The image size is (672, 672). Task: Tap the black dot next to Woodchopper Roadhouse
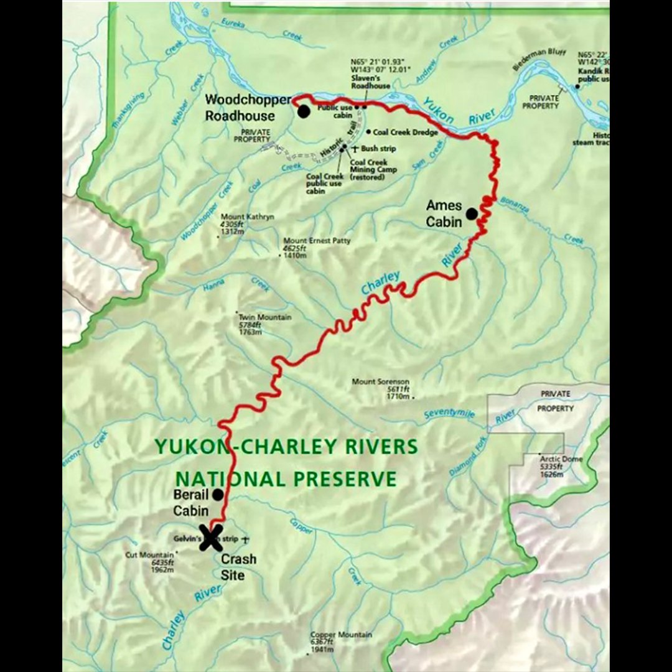pos(304,111)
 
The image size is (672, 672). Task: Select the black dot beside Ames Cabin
pos(472,213)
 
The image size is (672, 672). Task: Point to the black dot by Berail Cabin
pos(218,495)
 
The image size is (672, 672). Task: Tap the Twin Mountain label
pos(265,317)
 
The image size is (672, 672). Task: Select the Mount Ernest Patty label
pos(317,241)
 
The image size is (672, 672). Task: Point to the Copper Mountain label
pos(342,635)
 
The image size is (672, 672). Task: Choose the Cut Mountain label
pos(149,554)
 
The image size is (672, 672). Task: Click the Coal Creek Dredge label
pos(406,133)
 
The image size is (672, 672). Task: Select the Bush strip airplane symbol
pos(355,149)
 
